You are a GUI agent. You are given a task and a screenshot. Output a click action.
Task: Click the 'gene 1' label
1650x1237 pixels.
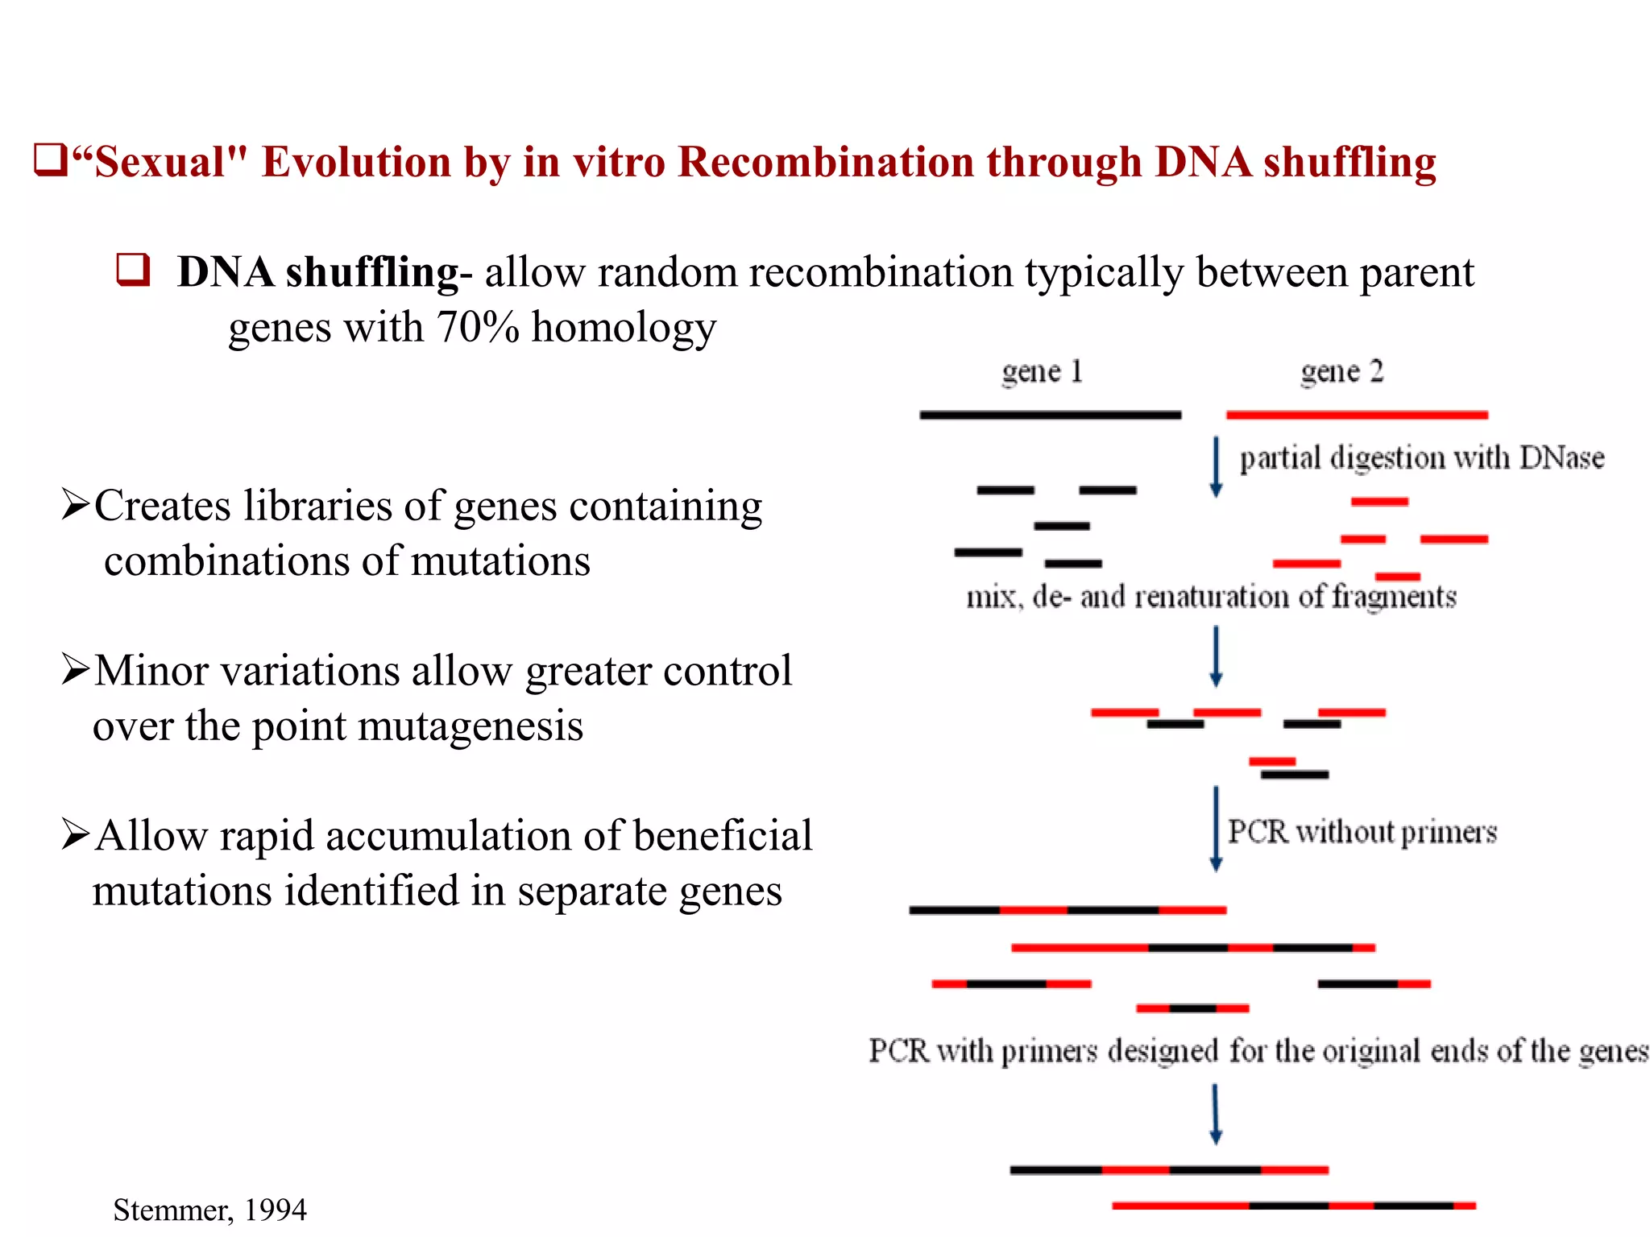1042,371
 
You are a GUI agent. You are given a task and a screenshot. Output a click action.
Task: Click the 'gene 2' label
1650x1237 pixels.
1341,371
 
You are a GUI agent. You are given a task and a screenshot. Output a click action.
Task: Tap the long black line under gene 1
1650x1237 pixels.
1050,415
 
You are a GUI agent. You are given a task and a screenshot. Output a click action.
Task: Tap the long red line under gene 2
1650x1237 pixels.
1357,415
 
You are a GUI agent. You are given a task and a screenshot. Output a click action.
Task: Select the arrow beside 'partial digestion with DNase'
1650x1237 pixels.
1217,467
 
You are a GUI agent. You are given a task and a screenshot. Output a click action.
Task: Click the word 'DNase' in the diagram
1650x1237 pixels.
1561,457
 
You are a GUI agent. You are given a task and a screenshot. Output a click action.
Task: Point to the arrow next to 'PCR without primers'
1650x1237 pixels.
1217,829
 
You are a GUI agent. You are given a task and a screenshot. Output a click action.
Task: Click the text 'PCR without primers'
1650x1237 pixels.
1362,831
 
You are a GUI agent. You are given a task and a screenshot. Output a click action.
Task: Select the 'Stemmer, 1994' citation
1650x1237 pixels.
209,1210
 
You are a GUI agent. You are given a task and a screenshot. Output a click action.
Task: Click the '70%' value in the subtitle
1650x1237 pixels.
478,327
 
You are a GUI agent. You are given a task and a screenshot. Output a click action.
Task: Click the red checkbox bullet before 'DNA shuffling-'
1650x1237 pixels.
133,270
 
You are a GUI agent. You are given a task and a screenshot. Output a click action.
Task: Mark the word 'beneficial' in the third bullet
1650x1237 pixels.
723,835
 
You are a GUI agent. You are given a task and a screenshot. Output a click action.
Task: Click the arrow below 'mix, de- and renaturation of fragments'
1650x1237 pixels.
1217,657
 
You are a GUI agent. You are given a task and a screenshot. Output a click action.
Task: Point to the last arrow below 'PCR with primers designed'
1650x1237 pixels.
1216,1115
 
